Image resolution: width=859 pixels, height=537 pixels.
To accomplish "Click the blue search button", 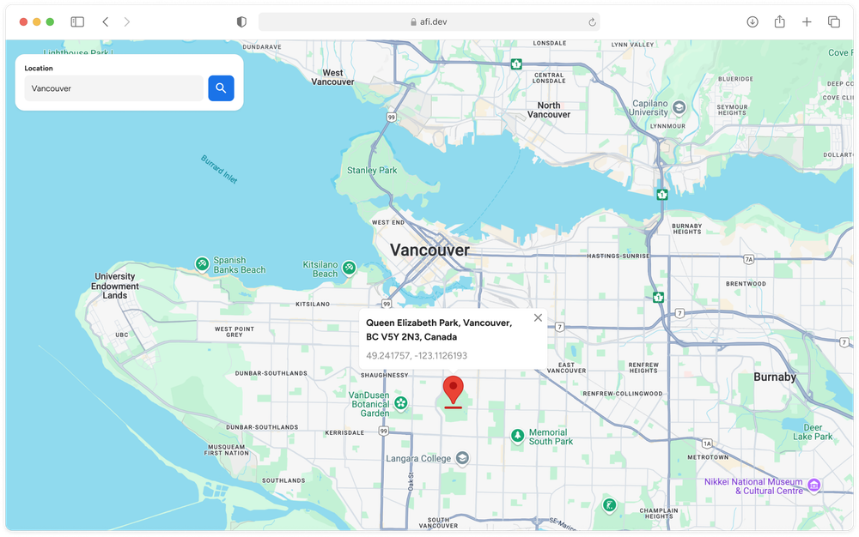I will (x=221, y=87).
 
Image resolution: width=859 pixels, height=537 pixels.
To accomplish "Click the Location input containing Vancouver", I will (x=113, y=88).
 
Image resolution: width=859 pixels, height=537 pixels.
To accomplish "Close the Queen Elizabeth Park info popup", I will (x=538, y=318).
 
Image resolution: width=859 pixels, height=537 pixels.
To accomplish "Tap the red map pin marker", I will (x=453, y=390).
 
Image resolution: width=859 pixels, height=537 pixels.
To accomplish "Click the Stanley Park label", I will (x=372, y=171).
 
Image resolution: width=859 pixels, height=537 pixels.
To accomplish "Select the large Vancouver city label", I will (x=429, y=250).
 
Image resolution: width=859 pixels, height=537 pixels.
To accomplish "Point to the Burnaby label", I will (x=775, y=377).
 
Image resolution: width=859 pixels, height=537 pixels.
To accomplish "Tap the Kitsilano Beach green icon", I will (x=350, y=268).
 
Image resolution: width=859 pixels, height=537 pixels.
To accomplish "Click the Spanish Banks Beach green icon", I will (x=201, y=264).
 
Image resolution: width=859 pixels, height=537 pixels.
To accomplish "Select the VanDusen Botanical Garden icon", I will (x=401, y=404).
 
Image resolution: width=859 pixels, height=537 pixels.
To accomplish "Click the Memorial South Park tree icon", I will (x=517, y=436).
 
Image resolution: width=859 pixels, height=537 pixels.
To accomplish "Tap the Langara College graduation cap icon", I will (x=463, y=458).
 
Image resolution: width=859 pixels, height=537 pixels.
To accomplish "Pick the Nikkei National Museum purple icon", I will (x=814, y=486).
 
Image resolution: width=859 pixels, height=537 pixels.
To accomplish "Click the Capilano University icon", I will (x=679, y=107).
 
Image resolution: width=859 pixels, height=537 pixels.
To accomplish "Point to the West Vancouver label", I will (x=332, y=77).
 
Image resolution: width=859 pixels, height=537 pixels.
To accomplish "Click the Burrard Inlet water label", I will (x=219, y=169).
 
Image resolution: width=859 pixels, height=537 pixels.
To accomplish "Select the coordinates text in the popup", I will (x=417, y=355).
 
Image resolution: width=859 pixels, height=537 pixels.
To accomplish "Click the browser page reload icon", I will (x=592, y=22).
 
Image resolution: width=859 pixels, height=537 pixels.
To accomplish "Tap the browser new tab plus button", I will (x=807, y=22).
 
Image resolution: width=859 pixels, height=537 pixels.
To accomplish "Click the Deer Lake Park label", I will (x=813, y=431).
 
